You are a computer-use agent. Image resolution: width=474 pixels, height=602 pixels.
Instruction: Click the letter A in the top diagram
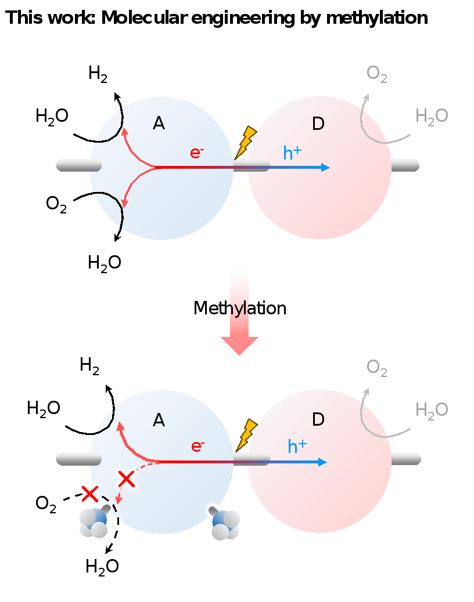click(x=159, y=124)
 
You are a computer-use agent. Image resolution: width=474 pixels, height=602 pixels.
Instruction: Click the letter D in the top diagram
click(x=318, y=124)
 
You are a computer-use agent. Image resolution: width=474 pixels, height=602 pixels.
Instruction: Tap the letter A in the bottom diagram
click(x=159, y=420)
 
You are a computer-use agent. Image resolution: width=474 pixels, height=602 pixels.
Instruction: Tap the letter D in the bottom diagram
click(x=318, y=419)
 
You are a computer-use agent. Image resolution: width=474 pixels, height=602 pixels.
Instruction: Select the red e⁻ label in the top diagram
click(x=197, y=153)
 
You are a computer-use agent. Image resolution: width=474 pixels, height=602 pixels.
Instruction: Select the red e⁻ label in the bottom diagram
click(x=198, y=447)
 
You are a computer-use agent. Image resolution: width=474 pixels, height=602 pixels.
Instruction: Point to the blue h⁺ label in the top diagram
click(x=292, y=153)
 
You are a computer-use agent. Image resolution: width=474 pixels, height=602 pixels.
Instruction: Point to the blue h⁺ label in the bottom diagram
click(x=297, y=447)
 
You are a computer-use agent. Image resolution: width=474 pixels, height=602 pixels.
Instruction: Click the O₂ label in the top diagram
click(x=377, y=74)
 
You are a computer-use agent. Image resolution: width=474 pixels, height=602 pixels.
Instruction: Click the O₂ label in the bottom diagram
click(x=377, y=368)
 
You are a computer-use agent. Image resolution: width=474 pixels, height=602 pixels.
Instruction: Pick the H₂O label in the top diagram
click(x=432, y=117)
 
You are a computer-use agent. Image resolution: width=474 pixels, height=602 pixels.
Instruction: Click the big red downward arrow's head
click(x=239, y=345)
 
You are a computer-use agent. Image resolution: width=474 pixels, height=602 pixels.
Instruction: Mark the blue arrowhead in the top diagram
click(x=325, y=168)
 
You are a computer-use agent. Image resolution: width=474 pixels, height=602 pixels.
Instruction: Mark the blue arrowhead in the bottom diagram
click(x=322, y=462)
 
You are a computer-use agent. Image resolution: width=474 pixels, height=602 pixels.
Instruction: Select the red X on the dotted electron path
click(x=126, y=479)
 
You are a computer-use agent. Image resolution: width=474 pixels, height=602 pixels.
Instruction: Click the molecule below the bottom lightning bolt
click(x=225, y=524)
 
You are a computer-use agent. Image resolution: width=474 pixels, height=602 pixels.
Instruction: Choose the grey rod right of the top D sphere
click(x=405, y=165)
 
